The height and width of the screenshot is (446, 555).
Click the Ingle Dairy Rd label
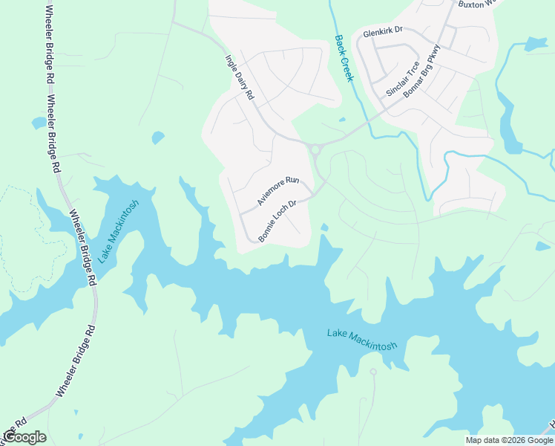click(240, 77)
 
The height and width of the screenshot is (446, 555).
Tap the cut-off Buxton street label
click(475, 4)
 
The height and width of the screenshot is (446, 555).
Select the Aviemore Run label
click(277, 191)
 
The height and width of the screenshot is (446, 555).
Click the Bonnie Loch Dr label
click(277, 221)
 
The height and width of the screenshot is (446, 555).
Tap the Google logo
click(24, 437)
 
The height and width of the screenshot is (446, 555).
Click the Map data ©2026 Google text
click(508, 440)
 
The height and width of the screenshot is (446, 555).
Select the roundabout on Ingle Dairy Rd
click(315, 150)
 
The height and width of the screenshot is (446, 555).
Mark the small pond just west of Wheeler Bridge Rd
click(39, 123)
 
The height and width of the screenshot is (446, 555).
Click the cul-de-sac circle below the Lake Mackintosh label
click(373, 372)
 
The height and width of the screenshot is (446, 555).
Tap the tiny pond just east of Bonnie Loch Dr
click(324, 227)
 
